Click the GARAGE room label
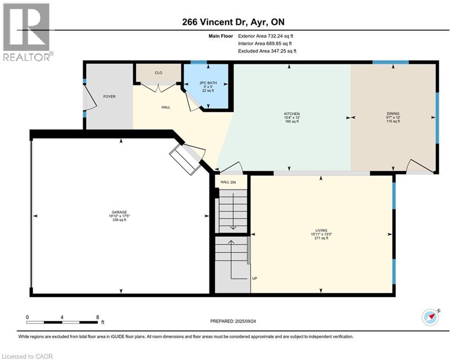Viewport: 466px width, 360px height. (x=119, y=212)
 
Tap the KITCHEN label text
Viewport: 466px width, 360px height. (x=292, y=113)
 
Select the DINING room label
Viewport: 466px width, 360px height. (x=393, y=113)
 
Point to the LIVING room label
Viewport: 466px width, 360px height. (x=321, y=230)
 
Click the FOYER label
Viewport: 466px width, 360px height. (x=110, y=97)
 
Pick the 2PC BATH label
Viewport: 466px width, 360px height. (x=208, y=82)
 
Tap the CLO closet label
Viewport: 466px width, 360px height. (x=158, y=73)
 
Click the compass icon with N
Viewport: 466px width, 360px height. (x=430, y=317)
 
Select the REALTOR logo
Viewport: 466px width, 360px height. (x=27, y=32)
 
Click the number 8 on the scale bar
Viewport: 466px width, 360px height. (x=97, y=317)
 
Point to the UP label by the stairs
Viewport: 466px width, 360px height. (x=254, y=278)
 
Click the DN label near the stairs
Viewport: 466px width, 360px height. (x=233, y=182)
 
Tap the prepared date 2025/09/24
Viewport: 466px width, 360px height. (x=245, y=321)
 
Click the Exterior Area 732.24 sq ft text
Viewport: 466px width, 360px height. (x=266, y=36)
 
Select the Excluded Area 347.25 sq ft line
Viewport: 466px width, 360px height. (x=267, y=51)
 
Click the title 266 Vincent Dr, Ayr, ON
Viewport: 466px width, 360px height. (x=233, y=22)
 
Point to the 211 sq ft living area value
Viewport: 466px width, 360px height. (x=321, y=238)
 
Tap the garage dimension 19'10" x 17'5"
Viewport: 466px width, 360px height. (x=119, y=216)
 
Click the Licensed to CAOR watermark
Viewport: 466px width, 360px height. (x=27, y=356)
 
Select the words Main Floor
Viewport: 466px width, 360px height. (x=221, y=36)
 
